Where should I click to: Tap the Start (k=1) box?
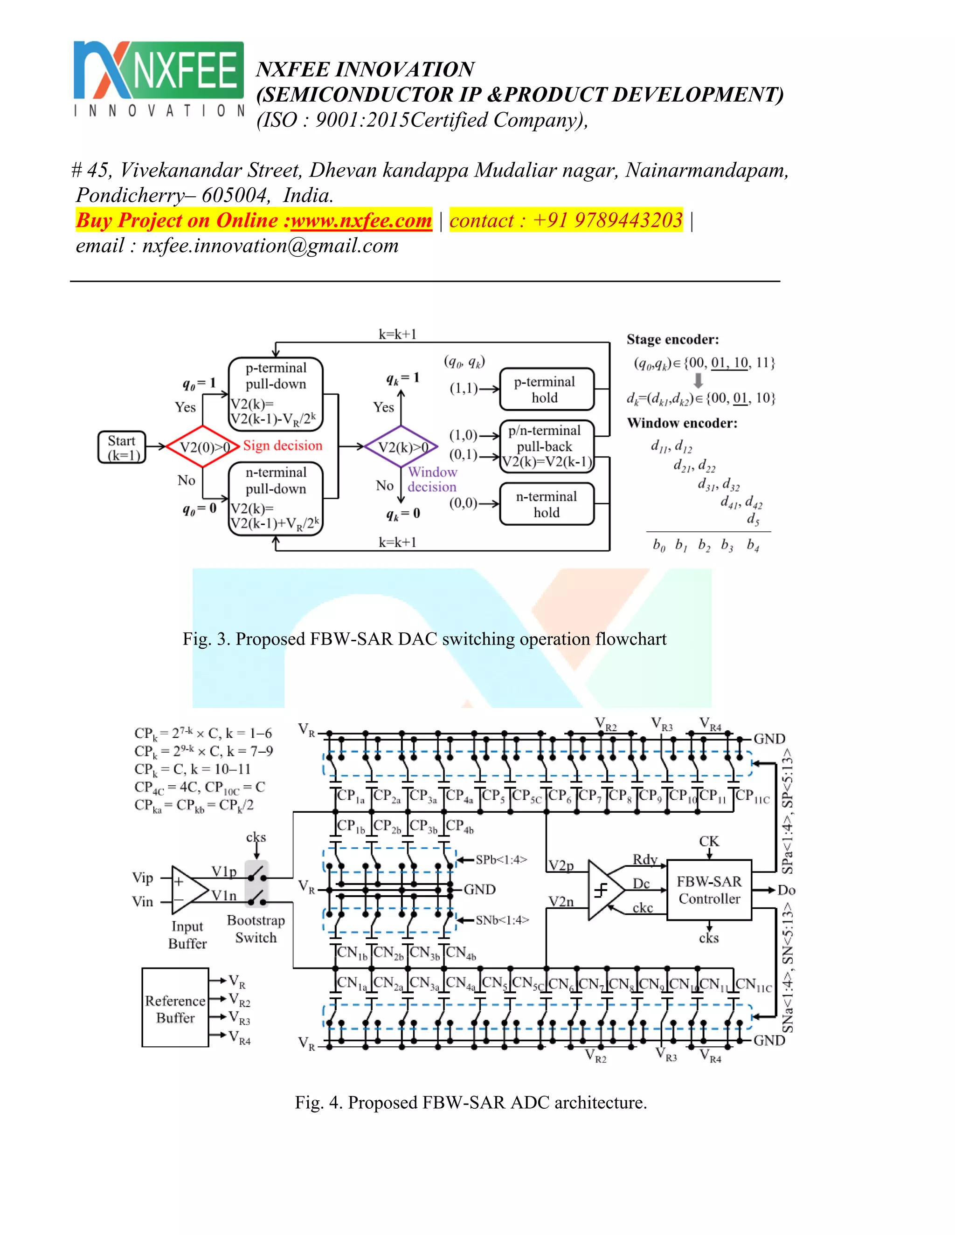tap(122, 448)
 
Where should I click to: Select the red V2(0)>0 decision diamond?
tap(202, 447)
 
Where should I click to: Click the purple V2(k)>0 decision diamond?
tap(401, 447)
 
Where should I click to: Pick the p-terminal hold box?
tap(547, 390)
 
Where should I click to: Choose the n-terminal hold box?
tap(547, 504)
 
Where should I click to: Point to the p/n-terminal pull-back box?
tap(547, 446)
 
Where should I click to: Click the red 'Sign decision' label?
tap(282, 446)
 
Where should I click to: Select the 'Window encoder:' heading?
tap(682, 423)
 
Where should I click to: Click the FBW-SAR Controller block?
tap(709, 890)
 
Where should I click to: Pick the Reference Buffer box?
tap(175, 1008)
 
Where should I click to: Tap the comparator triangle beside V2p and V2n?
tap(604, 890)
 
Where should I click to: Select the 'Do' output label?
tap(786, 890)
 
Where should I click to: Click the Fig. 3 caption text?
tap(424, 639)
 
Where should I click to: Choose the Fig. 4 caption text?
tap(471, 1102)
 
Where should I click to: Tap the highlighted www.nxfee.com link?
tap(361, 220)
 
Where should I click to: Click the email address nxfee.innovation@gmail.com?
tap(270, 246)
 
